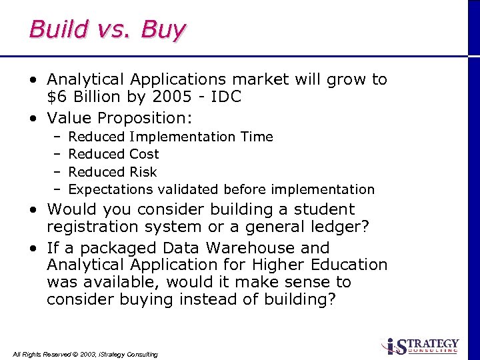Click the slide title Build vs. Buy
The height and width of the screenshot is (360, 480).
107,30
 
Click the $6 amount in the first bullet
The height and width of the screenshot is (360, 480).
56,97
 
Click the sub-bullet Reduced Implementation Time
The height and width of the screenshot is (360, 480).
171,137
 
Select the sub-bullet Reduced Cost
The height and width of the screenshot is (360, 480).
113,154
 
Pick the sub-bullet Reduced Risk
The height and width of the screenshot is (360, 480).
112,172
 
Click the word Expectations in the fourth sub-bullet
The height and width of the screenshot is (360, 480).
111,189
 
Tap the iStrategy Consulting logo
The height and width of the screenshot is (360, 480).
420,346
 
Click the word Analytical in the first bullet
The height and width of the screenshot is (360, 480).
88,80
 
